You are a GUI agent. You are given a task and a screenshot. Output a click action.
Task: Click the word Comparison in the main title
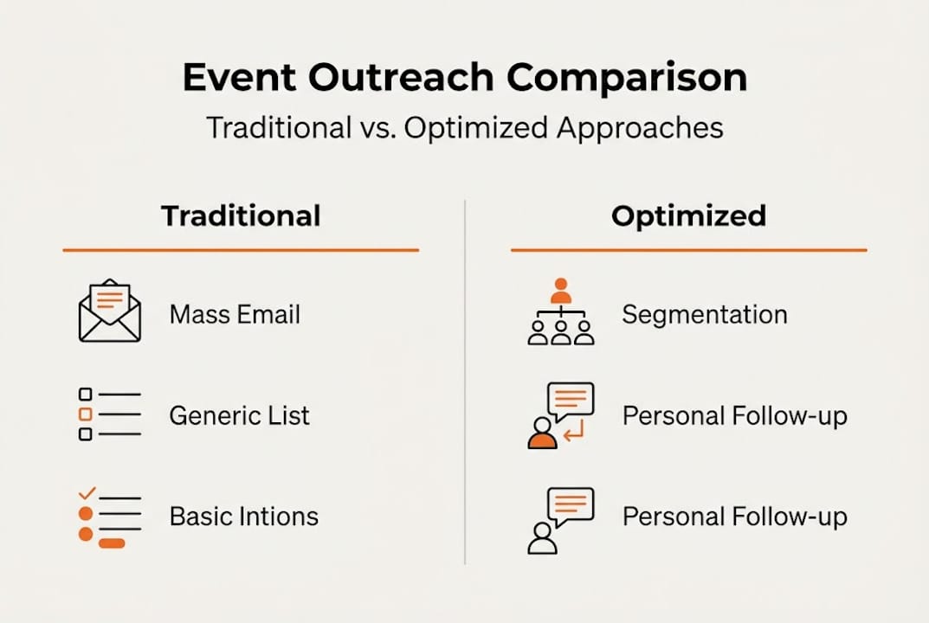point(627,79)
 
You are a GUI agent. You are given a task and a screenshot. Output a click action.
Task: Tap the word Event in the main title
point(239,77)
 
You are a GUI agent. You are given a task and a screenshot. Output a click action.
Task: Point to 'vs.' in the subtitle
point(378,128)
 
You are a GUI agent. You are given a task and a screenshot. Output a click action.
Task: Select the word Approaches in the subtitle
point(640,129)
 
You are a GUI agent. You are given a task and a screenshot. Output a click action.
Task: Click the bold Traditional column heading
point(242,215)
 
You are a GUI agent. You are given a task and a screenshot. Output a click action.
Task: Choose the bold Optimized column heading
point(688,216)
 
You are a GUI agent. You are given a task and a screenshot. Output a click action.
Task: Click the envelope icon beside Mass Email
point(110,311)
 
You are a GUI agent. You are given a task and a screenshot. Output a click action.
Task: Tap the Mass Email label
point(235,314)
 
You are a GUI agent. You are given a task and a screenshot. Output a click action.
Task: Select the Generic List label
point(239,415)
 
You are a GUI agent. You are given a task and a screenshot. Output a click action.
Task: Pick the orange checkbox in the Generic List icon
point(86,414)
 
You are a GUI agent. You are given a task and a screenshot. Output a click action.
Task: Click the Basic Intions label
point(244,517)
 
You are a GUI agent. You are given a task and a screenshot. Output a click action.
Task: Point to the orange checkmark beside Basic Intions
point(87,492)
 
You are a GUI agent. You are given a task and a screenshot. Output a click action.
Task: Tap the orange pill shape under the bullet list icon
point(112,543)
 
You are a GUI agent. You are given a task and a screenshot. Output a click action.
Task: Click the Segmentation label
point(705,314)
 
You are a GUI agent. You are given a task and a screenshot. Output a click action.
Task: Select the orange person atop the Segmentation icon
point(560,290)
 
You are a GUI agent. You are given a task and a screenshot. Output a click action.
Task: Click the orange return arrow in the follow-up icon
point(574,431)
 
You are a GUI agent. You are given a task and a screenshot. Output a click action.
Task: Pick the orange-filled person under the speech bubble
point(542,434)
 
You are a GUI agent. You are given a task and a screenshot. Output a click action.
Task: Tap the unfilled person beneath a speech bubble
point(542,539)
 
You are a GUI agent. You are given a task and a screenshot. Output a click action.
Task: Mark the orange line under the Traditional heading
point(242,251)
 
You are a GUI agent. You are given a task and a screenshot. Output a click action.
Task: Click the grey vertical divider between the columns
point(465,382)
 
